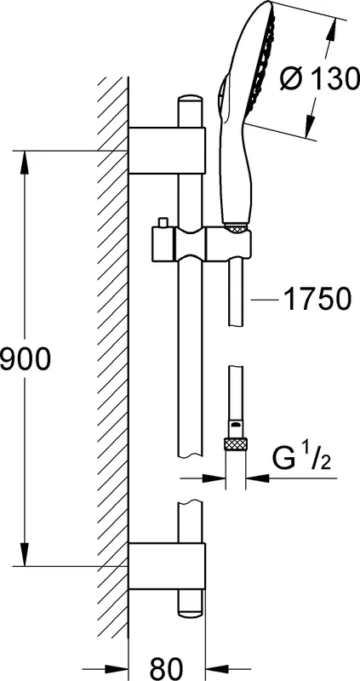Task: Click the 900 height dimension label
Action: tap(26, 359)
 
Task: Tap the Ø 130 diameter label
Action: tap(320, 79)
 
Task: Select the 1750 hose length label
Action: tap(317, 299)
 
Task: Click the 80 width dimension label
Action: tap(167, 667)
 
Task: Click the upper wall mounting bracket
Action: tap(167, 151)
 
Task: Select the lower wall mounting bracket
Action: tap(167, 566)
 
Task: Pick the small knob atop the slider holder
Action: tap(163, 222)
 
